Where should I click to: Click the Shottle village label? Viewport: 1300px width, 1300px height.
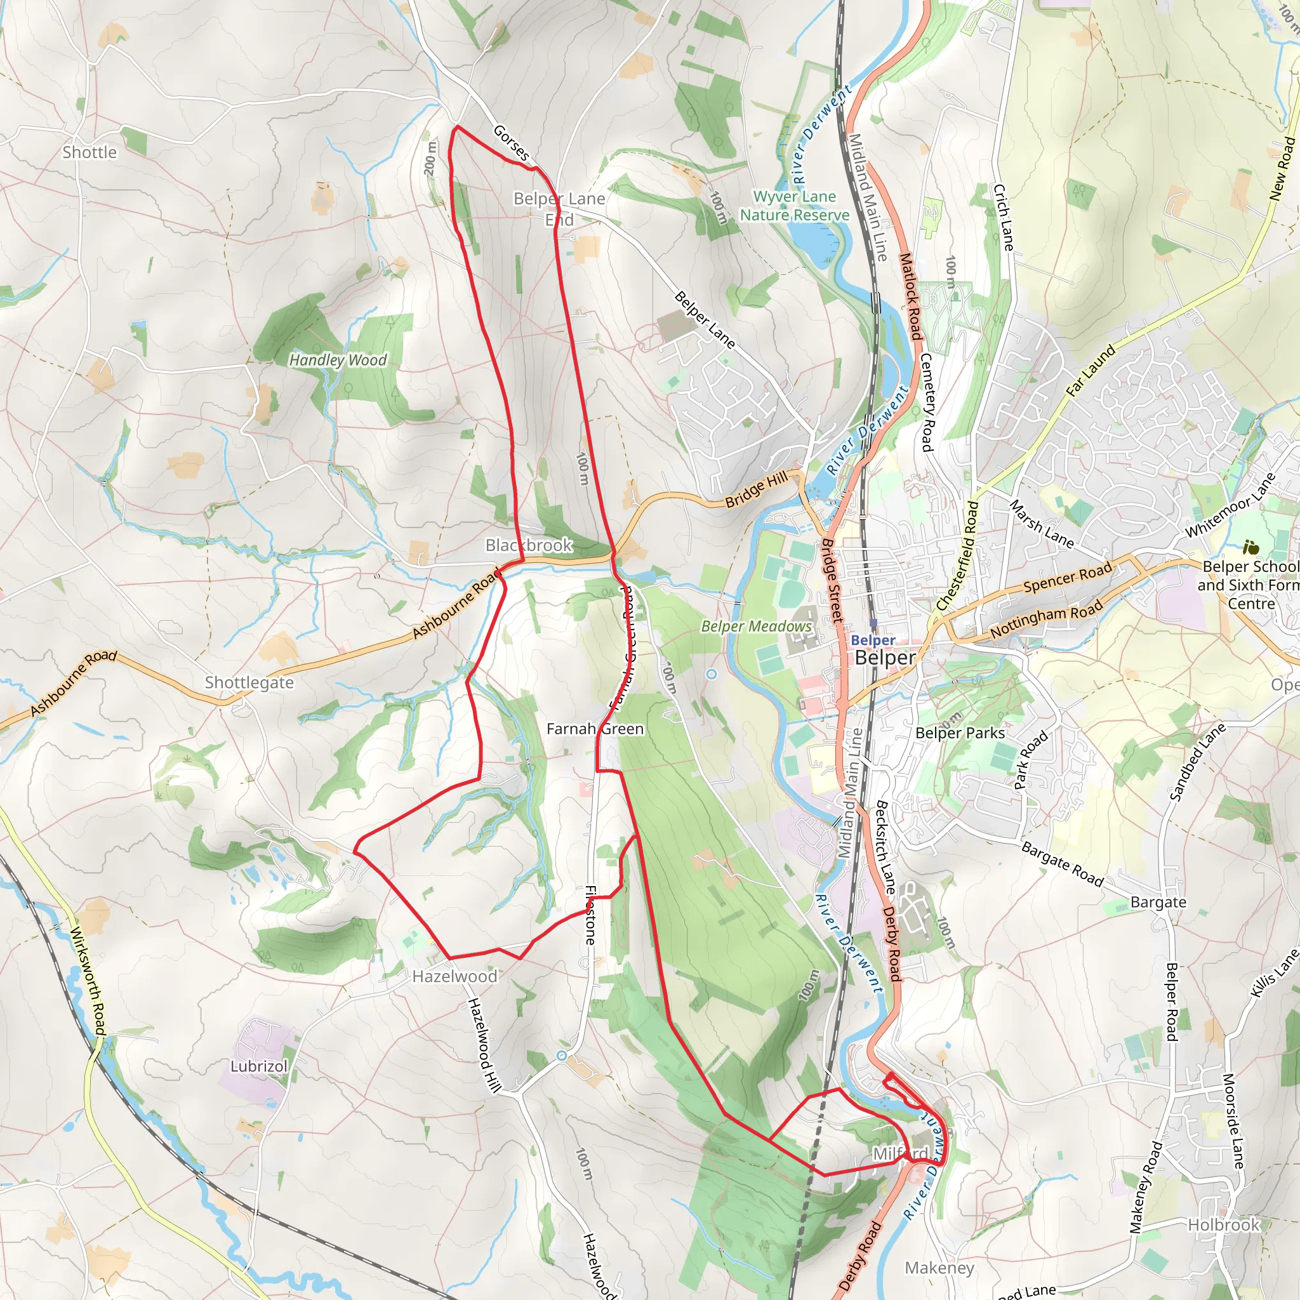[90, 153]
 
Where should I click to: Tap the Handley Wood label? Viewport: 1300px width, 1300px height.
[338, 361]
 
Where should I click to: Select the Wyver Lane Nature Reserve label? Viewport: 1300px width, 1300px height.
[795, 206]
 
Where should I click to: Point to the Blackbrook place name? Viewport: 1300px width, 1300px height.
[529, 545]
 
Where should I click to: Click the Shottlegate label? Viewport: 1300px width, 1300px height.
[249, 682]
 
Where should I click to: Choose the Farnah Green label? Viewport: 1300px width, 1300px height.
[595, 729]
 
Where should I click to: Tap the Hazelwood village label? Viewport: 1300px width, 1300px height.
[455, 976]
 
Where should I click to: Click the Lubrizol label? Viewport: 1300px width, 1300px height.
[258, 1066]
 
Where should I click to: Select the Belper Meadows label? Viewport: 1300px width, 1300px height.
[756, 627]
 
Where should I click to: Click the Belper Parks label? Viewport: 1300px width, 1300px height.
[960, 733]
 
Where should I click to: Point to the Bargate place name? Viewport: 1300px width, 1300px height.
[1158, 903]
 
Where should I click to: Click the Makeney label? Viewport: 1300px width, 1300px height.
[939, 1268]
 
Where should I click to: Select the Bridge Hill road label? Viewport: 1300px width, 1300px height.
[756, 489]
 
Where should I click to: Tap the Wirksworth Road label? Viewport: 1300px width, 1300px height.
[88, 982]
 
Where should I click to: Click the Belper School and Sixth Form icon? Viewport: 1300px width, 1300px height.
[1251, 548]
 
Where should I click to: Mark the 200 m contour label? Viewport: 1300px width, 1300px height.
[430, 159]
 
